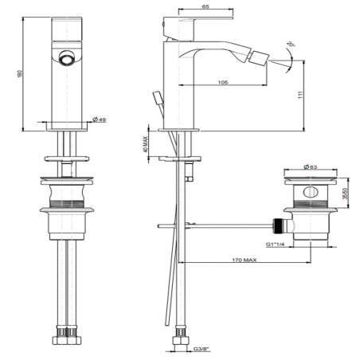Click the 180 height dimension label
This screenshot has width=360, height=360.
coord(8,71)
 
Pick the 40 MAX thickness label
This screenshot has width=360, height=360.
coord(146,141)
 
